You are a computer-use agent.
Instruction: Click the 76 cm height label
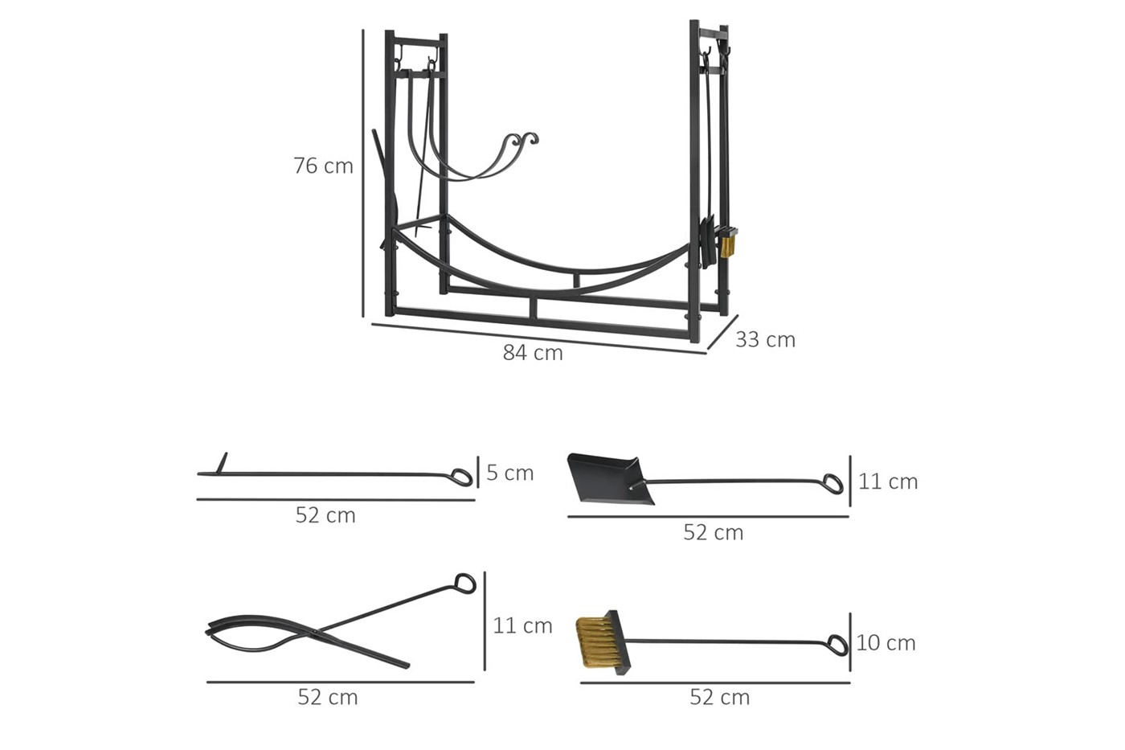[x=323, y=166]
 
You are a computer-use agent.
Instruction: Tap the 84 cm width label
[x=533, y=353]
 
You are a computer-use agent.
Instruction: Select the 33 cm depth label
[x=765, y=339]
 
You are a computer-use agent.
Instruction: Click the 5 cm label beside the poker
[x=509, y=473]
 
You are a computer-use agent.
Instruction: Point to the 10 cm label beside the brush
[x=886, y=643]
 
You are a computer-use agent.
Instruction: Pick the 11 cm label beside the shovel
[x=888, y=482]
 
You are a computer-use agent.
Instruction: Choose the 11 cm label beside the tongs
[x=523, y=625]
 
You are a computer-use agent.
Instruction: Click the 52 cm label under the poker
[x=325, y=515]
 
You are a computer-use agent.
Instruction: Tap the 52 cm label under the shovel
[x=714, y=532]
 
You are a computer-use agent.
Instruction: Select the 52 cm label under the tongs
[x=328, y=697]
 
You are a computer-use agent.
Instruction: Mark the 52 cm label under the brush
[x=720, y=697]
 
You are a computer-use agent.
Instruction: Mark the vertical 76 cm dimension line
[x=362, y=174]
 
